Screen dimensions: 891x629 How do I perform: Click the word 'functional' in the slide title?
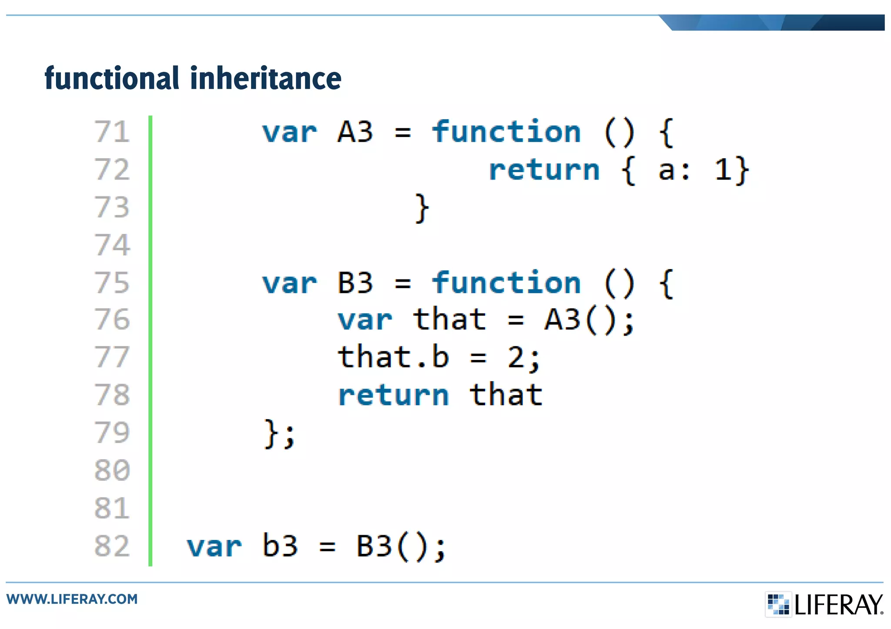coord(112,78)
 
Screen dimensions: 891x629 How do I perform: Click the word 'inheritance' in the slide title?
coord(265,78)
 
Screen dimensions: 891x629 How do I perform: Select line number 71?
coord(112,132)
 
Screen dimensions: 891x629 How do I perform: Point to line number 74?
coord(112,245)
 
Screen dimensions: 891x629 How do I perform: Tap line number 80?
coord(112,470)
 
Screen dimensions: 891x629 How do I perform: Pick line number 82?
coord(112,546)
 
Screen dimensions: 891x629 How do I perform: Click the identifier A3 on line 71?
coord(355,132)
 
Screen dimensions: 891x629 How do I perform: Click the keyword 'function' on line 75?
coord(506,283)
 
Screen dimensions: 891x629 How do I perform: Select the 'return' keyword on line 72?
coord(544,170)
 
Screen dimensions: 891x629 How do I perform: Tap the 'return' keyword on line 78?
coord(393,396)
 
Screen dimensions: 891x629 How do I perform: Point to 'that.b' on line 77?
coord(393,358)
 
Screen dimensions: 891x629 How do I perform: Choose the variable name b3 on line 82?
coord(280,546)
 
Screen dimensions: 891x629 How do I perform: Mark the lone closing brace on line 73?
coord(422,208)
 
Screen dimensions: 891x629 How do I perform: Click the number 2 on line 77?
coord(516,358)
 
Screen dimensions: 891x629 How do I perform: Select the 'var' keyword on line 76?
coord(365,320)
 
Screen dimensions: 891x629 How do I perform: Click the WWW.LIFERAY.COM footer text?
coord(72,599)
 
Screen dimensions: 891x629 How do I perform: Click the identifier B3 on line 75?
coord(355,283)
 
